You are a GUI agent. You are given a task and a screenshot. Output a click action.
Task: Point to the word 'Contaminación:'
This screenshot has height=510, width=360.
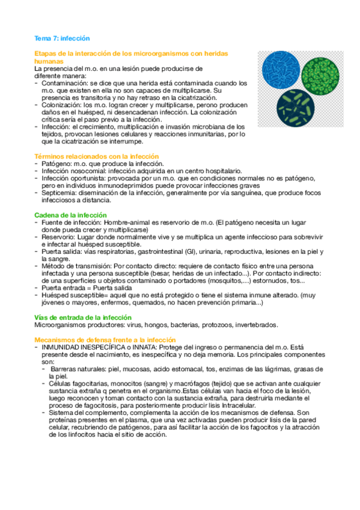point(65,83)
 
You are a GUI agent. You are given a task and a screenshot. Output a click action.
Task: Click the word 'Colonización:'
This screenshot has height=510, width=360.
point(63,105)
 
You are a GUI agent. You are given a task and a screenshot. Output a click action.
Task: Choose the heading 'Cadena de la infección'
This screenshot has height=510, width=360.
point(71,215)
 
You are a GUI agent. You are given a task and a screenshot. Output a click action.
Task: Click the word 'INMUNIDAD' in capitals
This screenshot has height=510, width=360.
point(63,347)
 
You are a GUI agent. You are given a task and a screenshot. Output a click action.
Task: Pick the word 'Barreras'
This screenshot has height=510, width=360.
point(67,369)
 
